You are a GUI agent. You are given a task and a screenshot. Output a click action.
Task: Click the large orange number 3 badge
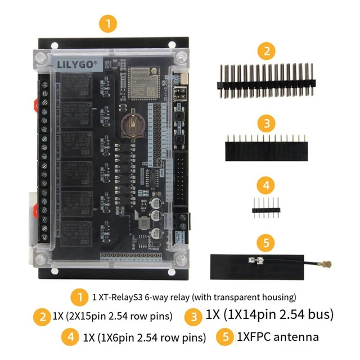pos(267,123)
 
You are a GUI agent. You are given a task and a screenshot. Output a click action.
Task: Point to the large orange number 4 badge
pos(267,185)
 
